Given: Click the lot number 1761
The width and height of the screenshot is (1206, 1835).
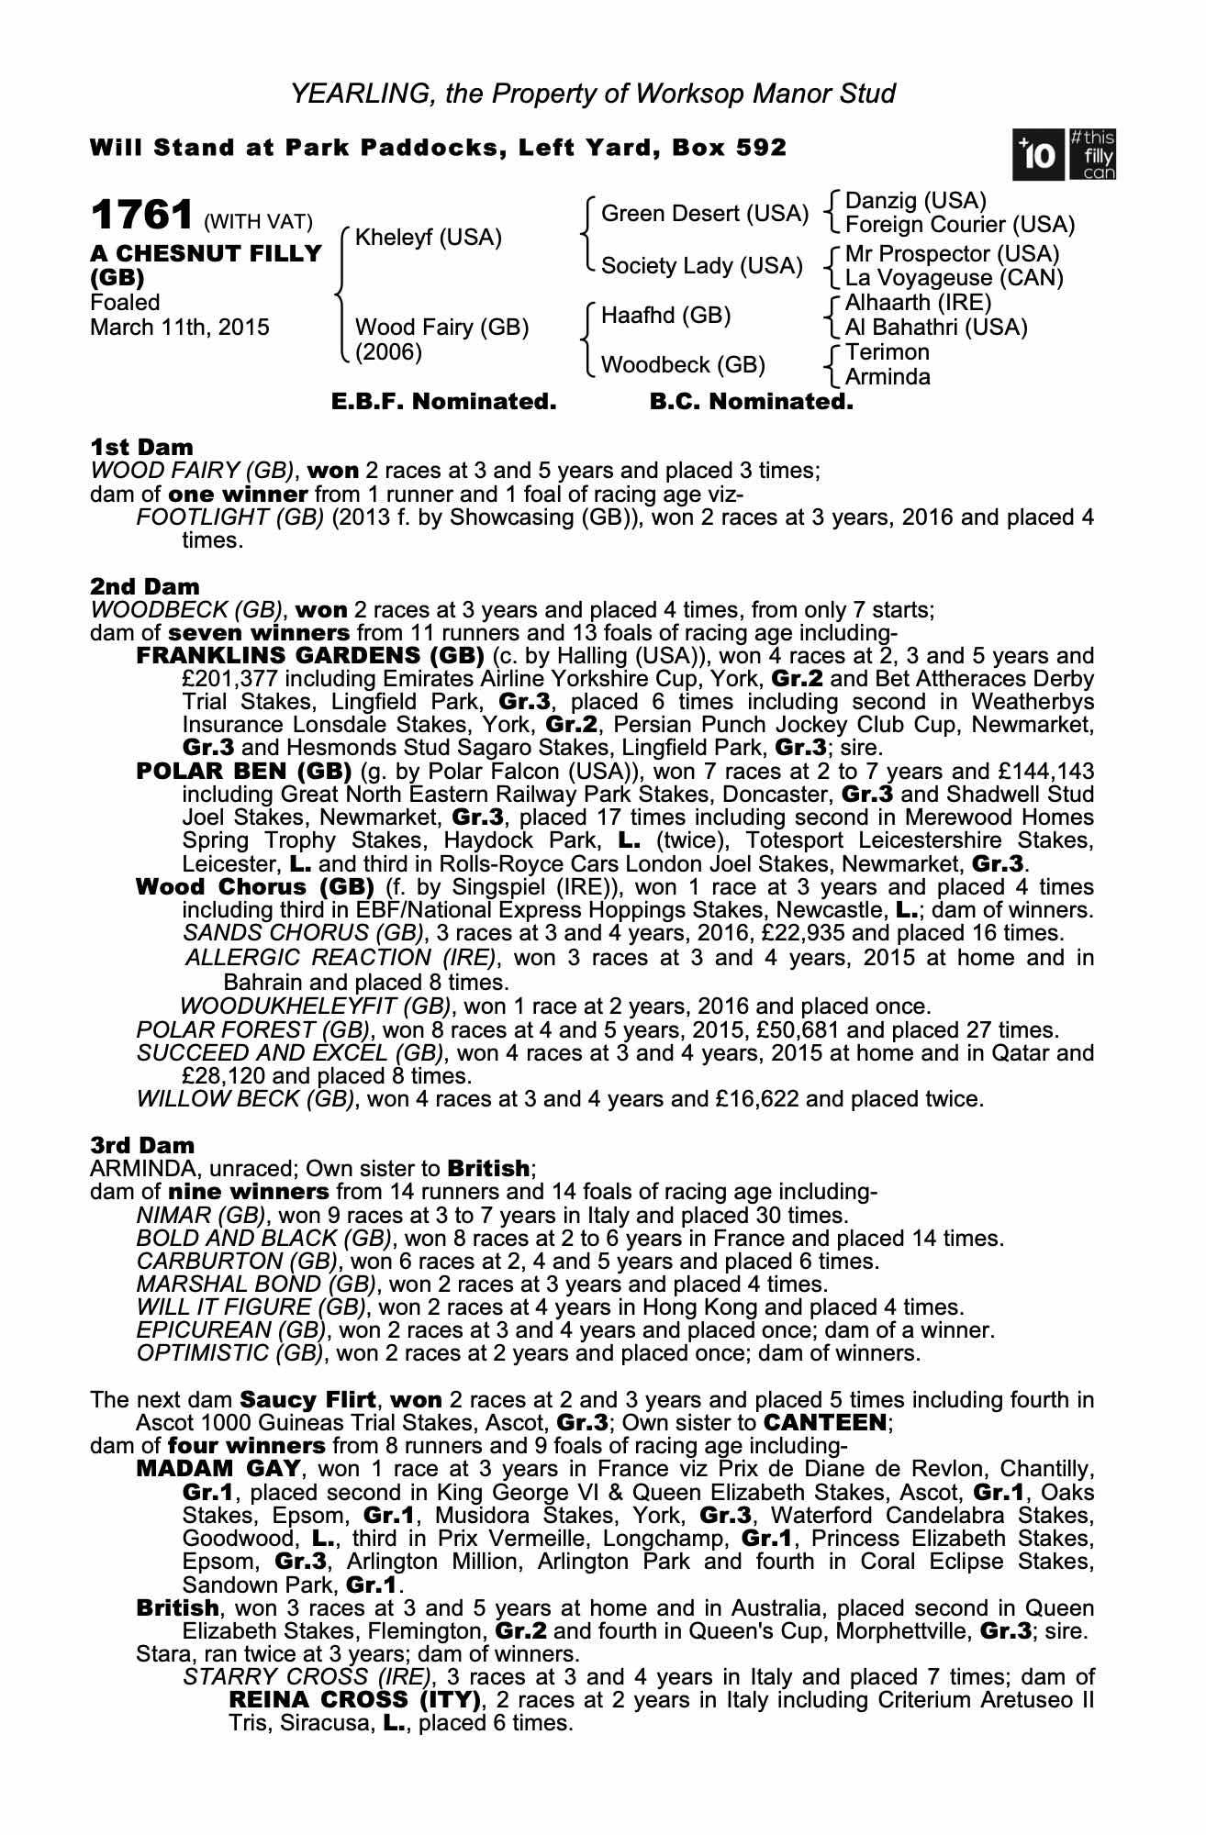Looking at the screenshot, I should [141, 217].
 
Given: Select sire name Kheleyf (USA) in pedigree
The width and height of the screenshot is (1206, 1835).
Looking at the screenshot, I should [428, 239].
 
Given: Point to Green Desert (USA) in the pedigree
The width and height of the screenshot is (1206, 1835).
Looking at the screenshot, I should [704, 214].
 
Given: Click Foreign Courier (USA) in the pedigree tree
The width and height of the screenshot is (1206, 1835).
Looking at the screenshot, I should [959, 225].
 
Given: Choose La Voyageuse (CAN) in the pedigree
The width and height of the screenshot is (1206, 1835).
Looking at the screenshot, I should [954, 278].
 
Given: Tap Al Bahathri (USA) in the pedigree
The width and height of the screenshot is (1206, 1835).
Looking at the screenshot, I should [936, 328].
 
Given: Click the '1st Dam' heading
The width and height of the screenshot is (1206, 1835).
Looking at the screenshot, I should [142, 448].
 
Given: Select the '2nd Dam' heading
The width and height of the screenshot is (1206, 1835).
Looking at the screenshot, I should [145, 586].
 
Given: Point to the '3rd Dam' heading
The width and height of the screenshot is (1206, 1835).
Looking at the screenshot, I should [143, 1146].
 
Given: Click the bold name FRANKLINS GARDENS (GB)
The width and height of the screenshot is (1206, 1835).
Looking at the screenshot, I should [310, 656].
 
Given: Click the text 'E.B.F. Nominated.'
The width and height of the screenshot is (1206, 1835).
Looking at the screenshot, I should [443, 402].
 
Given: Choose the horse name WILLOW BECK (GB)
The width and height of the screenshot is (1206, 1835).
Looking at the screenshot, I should [245, 1098].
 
